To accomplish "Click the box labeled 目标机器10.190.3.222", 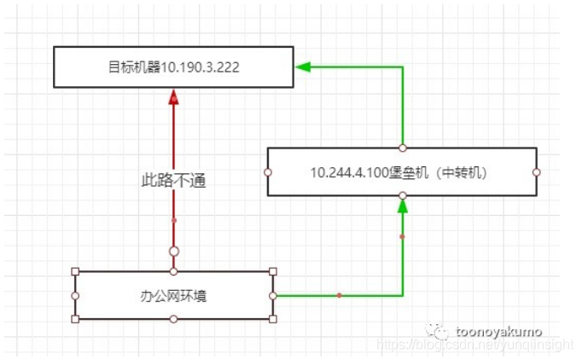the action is (174, 67).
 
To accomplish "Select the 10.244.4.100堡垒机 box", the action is (402, 171).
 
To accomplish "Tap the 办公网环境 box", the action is (174, 296).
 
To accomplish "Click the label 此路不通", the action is (174, 180).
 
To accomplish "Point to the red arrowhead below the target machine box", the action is (174, 98).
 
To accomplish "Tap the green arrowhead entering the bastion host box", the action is (403, 204).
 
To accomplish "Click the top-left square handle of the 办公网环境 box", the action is (75, 272).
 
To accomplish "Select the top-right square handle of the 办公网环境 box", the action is (273, 272).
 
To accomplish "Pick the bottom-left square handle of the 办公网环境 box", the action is (75, 319).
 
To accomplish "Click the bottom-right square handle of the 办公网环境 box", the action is (273, 319).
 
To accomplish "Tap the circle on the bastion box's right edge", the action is (537, 171).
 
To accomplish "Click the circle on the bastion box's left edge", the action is (268, 171).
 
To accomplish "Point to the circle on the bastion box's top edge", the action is (403, 148).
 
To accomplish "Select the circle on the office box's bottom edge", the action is (174, 319).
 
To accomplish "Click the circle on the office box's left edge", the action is (75, 295).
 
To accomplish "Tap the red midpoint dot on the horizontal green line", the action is (339, 295).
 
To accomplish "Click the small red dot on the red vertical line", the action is (174, 220).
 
